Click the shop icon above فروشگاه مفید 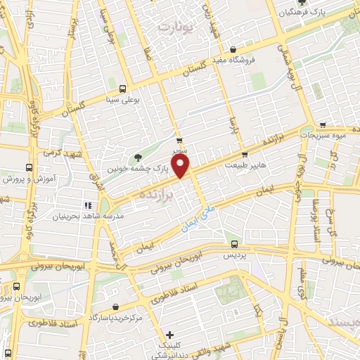point(233,50)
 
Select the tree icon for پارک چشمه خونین point(136,157)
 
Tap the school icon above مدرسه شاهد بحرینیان point(88,205)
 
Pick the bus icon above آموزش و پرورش point(28,168)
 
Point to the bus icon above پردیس point(236,245)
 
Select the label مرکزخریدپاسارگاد point(116,319)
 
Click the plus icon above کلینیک point(168,335)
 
